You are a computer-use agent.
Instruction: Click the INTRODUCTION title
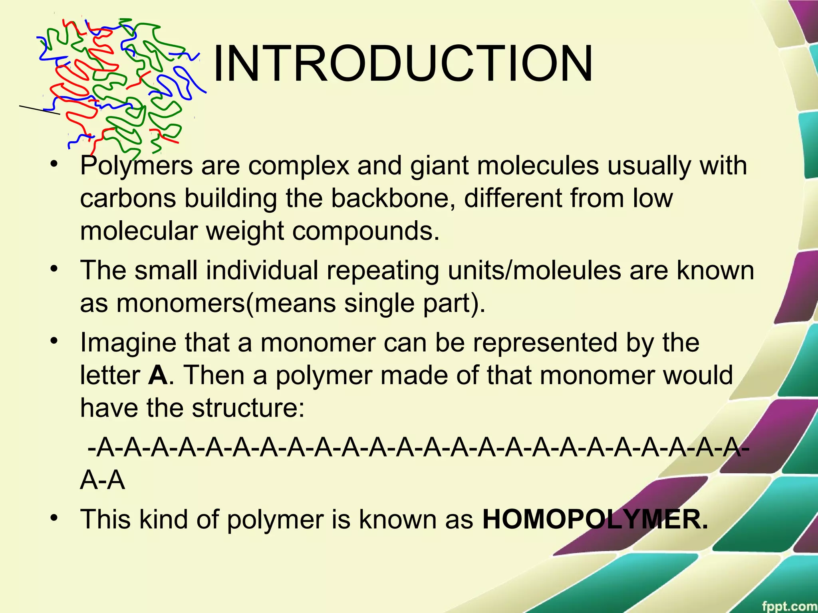[x=403, y=64]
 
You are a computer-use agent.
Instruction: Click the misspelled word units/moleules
[x=534, y=270]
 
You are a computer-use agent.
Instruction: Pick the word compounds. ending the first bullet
[x=366, y=231]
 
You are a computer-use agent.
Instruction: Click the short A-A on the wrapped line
[x=103, y=481]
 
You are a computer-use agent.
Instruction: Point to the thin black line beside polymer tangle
[x=39, y=110]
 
